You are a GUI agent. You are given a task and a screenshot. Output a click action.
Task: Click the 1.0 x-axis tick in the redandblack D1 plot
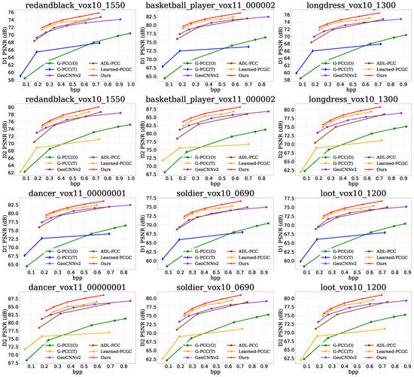[x=130, y=84]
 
